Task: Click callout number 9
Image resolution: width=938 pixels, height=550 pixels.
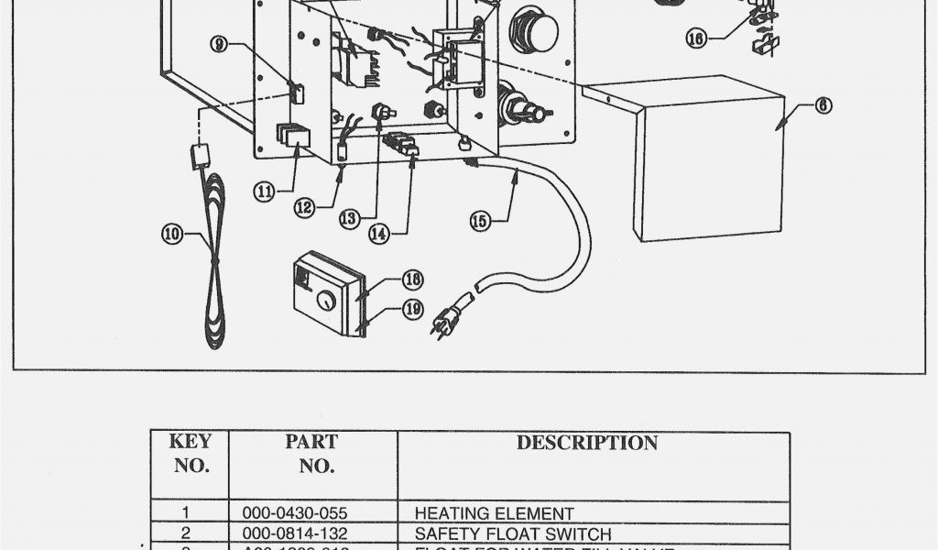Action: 218,43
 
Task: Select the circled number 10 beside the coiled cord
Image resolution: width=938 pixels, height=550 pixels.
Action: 172,233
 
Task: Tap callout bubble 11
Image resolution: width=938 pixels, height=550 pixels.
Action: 265,192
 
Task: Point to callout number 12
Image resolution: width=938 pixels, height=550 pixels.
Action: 304,207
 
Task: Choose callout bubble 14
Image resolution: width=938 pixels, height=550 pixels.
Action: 379,233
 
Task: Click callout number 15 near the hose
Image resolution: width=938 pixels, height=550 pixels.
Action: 480,220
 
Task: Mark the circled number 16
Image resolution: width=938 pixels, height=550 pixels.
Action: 696,38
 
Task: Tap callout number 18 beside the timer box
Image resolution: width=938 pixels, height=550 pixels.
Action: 413,280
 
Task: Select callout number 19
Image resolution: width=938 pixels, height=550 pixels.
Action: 413,309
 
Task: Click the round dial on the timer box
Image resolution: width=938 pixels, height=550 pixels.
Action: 325,301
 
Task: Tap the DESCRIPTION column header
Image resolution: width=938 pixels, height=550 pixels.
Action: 586,443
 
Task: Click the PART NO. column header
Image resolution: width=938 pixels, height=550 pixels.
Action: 311,453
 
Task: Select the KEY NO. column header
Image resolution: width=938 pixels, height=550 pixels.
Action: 191,453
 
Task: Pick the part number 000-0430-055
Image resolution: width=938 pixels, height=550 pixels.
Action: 295,513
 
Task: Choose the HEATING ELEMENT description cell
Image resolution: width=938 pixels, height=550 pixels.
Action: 495,513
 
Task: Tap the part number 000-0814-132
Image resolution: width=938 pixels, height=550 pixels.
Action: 295,533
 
